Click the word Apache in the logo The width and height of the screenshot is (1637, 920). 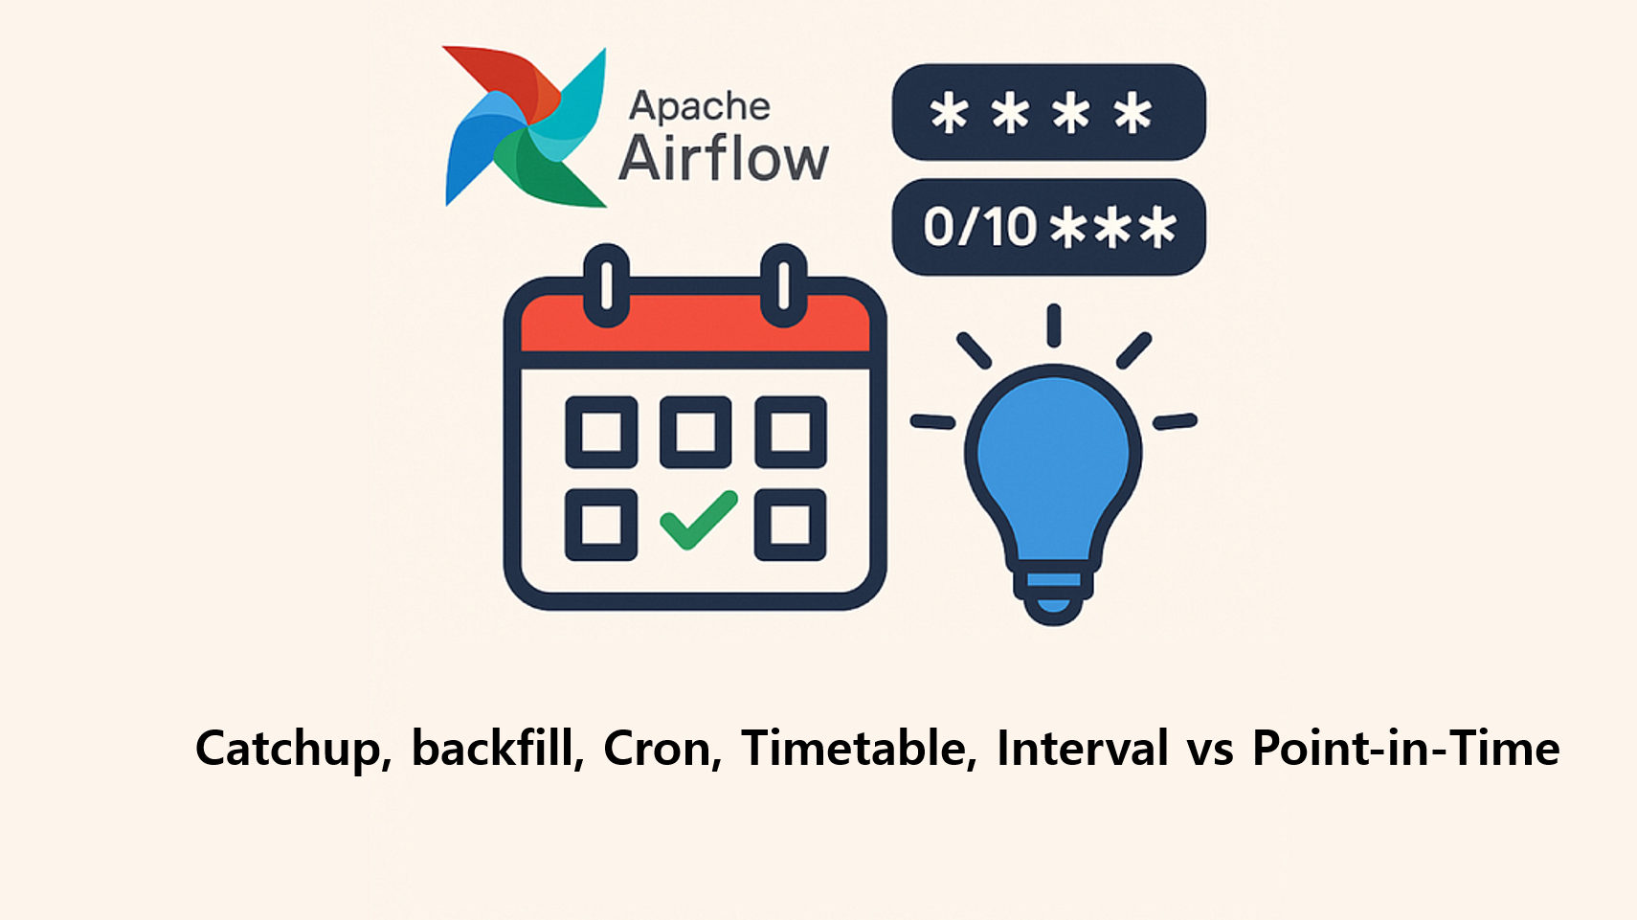[700, 106]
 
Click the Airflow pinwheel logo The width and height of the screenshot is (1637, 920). [526, 126]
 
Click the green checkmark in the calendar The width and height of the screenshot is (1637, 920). [698, 520]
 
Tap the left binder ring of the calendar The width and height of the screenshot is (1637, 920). [607, 285]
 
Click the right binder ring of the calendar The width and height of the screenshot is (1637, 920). [783, 285]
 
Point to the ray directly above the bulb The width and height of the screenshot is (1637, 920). [1054, 325]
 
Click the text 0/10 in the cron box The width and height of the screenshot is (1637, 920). [980, 227]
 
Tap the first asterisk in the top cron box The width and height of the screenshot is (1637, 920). [949, 113]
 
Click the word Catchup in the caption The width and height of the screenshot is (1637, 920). [294, 749]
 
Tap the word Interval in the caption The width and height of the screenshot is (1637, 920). [1083, 748]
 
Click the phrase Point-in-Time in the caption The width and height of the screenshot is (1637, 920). [1406, 748]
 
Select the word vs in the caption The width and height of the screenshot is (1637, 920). [1210, 752]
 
